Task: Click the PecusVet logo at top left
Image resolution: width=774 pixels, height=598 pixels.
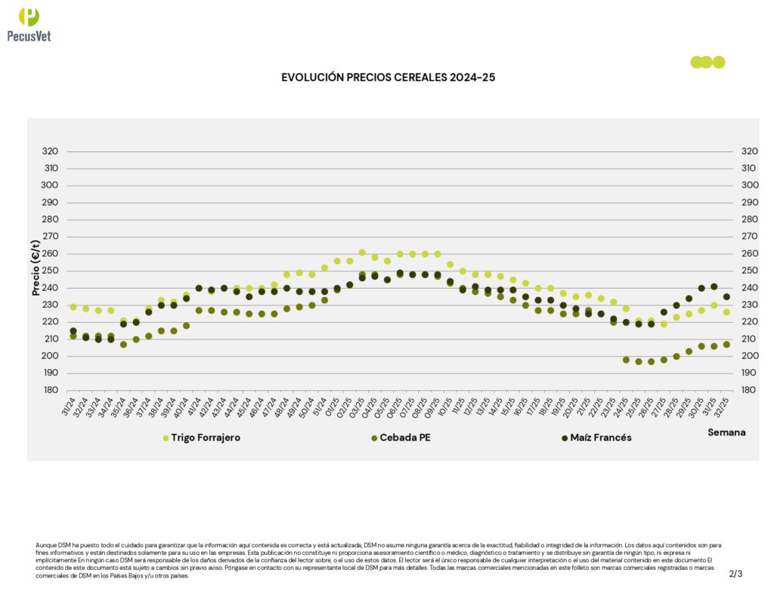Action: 28,24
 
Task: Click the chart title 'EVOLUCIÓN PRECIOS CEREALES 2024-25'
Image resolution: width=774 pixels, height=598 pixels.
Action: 388,77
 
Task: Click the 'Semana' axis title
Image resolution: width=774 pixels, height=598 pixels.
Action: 726,432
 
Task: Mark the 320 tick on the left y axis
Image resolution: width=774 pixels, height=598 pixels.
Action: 51,151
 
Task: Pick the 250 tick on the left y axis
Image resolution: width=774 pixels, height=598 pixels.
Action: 51,271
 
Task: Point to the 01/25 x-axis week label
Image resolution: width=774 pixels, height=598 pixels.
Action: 332,406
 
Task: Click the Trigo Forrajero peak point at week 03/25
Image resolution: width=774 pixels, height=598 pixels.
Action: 362,253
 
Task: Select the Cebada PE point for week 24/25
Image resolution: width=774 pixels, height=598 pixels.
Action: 626,360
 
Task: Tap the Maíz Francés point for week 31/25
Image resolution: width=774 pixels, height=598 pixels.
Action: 714,287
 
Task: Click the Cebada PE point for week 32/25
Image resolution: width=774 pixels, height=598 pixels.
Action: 726,344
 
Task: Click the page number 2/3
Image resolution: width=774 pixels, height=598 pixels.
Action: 735,574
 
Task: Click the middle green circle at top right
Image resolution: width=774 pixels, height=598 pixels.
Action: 707,62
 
